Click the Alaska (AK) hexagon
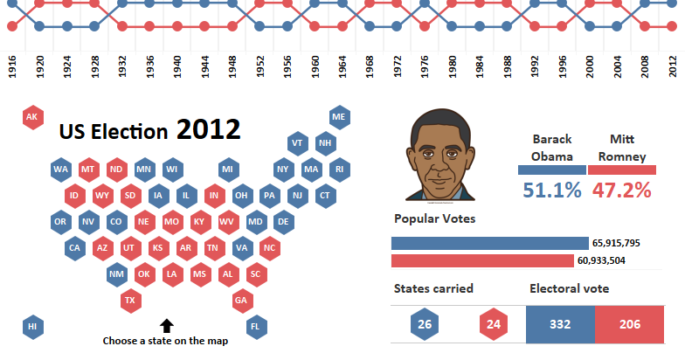tap(32, 117)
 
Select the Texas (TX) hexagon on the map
tap(130, 301)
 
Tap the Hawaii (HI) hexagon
tap(32, 327)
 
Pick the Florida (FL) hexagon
tap(256, 327)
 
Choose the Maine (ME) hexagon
tap(339, 117)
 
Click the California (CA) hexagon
tap(74, 248)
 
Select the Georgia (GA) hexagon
tap(242, 301)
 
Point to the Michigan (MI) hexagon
tap(228, 169)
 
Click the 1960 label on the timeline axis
tap(315, 68)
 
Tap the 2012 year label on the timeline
tap(672, 68)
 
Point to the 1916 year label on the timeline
tap(11, 68)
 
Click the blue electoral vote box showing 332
tap(560, 325)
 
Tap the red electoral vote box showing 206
tap(629, 325)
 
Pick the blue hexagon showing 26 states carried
tap(424, 325)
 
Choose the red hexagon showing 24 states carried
tap(492, 325)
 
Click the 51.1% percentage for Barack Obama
tap(551, 189)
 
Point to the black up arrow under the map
tap(166, 326)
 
